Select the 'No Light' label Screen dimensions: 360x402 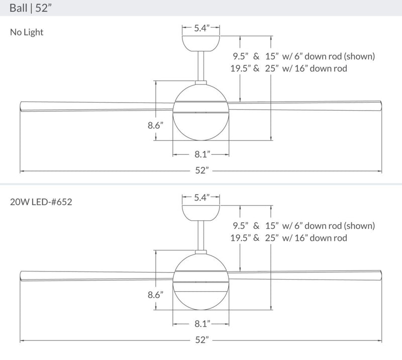pyautogui.click(x=27, y=33)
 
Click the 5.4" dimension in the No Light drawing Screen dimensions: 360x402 pyautogui.click(x=201, y=29)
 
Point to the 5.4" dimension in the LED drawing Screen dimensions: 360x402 pyautogui.click(x=201, y=198)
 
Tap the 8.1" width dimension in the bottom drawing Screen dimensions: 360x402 pyautogui.click(x=201, y=322)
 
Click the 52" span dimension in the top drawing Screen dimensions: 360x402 pyautogui.click(x=201, y=171)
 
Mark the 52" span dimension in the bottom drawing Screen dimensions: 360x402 pyautogui.click(x=201, y=340)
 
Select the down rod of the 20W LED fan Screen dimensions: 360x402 pyautogui.click(x=201, y=236)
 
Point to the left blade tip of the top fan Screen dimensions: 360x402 pyautogui.click(x=23, y=107)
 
